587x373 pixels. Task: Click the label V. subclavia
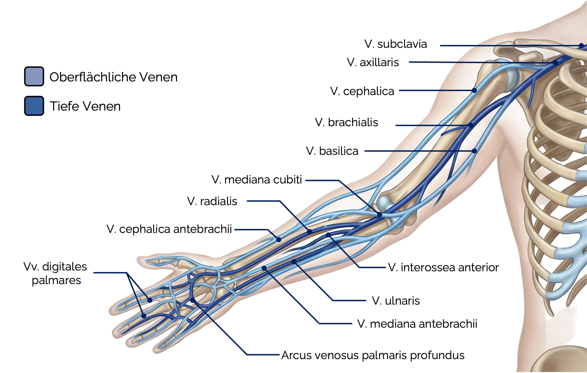pyautogui.click(x=396, y=44)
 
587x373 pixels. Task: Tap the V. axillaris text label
pyautogui.click(x=373, y=62)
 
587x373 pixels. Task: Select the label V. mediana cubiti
pyautogui.click(x=257, y=180)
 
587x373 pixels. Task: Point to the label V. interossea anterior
pyautogui.click(x=443, y=267)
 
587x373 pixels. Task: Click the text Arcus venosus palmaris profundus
pyautogui.click(x=373, y=355)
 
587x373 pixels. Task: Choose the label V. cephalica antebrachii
pyautogui.click(x=169, y=229)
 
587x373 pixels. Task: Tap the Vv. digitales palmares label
pyautogui.click(x=56, y=273)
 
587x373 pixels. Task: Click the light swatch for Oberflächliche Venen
pyautogui.click(x=34, y=76)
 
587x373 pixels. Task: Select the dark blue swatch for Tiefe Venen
pyautogui.click(x=34, y=106)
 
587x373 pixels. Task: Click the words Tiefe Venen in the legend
pyautogui.click(x=85, y=106)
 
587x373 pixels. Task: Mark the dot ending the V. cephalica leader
pyautogui.click(x=474, y=90)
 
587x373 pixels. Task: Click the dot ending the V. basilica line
pyautogui.click(x=474, y=151)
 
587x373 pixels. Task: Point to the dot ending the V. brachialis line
pyautogui.click(x=471, y=125)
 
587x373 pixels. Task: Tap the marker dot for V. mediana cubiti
pyautogui.click(x=379, y=215)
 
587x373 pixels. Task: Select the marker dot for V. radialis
pyautogui.click(x=310, y=231)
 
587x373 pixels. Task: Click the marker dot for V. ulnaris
pyautogui.click(x=294, y=262)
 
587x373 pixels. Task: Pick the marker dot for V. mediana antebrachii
pyautogui.click(x=264, y=268)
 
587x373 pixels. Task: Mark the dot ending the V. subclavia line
pyautogui.click(x=581, y=46)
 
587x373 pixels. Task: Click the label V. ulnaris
pyautogui.click(x=396, y=301)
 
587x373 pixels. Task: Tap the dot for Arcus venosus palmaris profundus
pyautogui.click(x=193, y=300)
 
